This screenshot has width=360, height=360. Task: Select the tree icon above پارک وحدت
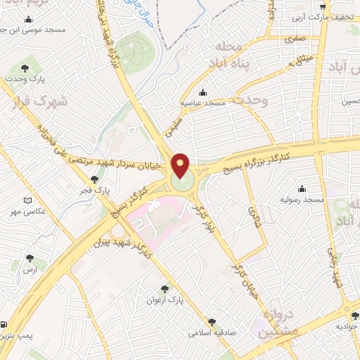(25, 69)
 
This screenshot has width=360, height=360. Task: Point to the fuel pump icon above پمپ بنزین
(5, 325)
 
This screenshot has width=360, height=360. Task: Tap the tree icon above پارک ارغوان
(165, 288)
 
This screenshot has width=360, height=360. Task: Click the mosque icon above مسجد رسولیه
(302, 188)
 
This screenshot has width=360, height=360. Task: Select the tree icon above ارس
(29, 258)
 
